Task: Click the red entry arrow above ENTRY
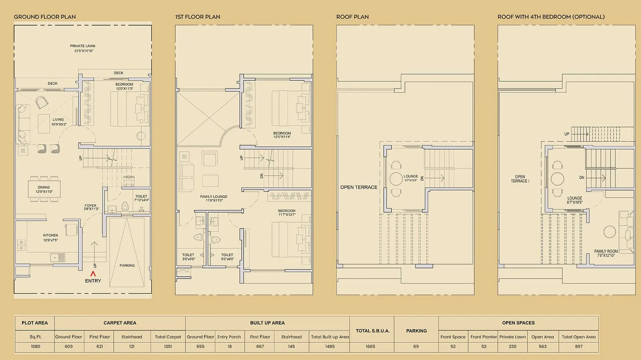93,274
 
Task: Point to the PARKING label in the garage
127,265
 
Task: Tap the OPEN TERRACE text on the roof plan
359,187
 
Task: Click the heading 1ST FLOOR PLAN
198,17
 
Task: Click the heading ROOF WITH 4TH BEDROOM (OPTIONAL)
551,17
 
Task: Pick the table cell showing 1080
35,346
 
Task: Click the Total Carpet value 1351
168,346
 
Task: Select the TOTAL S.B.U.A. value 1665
370,346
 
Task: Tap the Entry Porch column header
229,337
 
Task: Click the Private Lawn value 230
512,346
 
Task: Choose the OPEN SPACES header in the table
518,323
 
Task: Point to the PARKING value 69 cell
416,346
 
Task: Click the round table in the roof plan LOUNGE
396,179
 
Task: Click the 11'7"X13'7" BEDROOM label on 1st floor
287,213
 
